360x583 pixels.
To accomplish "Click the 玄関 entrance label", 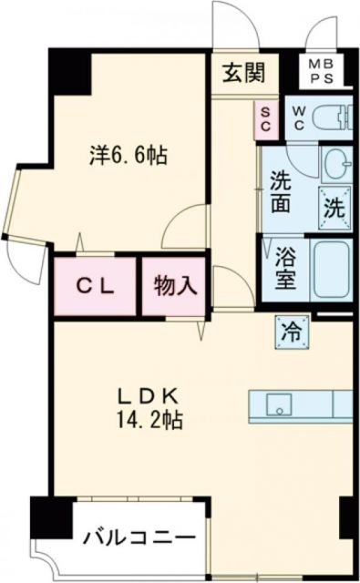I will (x=241, y=69).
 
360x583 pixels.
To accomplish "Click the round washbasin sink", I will (x=337, y=163).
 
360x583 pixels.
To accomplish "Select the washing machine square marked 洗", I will (x=334, y=204).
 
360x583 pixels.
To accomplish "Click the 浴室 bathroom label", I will (x=285, y=269).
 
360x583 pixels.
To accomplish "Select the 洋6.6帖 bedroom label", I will (x=128, y=155).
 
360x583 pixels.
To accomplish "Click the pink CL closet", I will (x=95, y=285).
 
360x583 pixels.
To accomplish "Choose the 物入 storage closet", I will (x=173, y=285).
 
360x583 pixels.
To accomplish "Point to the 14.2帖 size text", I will (x=150, y=423).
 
